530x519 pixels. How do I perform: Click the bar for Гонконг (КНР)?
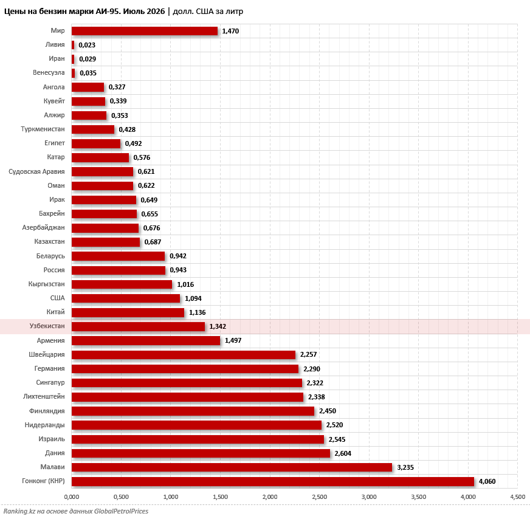273,481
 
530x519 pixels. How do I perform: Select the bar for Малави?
232,467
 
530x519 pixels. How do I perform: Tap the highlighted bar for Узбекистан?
138,326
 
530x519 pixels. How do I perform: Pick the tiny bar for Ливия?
73,45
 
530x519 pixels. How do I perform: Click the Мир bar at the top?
145,31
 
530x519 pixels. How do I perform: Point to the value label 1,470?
230,31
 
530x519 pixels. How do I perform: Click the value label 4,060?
487,481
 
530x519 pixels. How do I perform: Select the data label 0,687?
153,242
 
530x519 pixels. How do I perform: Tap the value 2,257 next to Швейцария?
309,354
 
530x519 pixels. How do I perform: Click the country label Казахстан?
49,242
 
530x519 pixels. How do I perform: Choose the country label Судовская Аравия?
36,171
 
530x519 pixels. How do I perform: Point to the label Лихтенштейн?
44,396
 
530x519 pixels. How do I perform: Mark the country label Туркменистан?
43,129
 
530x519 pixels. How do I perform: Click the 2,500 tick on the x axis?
320,497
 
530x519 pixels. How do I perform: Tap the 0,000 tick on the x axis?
72,497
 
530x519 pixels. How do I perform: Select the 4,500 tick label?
517,497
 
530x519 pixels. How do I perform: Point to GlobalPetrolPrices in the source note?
121,511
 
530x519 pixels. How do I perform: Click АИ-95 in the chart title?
108,12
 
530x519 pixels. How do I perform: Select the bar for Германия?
185,369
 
